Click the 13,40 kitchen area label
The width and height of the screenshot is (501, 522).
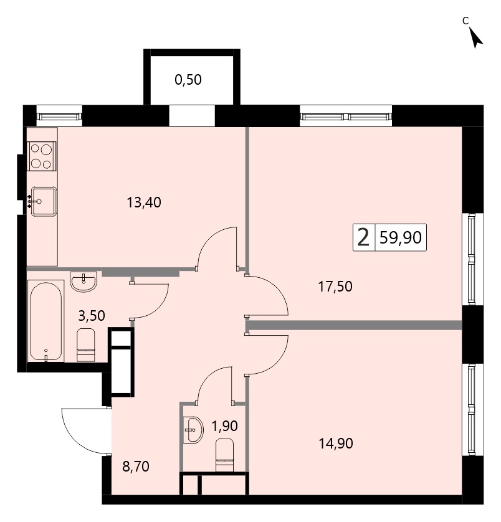144,202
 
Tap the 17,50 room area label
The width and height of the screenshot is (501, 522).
335,287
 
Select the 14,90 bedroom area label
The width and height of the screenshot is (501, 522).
336,444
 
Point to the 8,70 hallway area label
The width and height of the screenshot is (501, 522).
136,467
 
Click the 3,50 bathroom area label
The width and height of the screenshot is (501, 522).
92,316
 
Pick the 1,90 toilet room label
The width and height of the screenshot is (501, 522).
225,426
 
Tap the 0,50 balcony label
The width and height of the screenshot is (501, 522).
188,80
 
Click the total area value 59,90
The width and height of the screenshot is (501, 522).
401,238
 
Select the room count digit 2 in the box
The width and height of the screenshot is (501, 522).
363,238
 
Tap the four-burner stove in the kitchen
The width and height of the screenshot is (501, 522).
42,156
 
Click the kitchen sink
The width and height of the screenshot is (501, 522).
43,201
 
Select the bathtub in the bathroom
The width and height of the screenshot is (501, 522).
45,321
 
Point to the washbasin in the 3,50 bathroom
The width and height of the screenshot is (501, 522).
83,282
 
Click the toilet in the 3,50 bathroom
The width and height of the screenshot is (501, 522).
86,344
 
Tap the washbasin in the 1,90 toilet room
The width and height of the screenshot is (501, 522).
194,430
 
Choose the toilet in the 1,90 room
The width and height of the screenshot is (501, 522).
225,455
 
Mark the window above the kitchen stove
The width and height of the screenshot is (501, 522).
59,116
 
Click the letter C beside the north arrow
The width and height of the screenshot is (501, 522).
465,21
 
